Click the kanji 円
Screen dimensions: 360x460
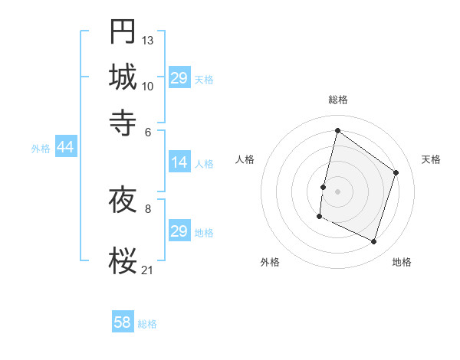pyautogui.click(x=123, y=31)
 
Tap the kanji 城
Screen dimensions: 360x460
pyautogui.click(x=123, y=77)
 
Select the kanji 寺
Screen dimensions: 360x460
pyautogui.click(x=123, y=122)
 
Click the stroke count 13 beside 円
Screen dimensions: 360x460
pyautogui.click(x=148, y=40)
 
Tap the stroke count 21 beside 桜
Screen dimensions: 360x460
pyautogui.click(x=148, y=270)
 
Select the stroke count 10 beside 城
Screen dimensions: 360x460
pyautogui.click(x=148, y=85)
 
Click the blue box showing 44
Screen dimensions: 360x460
pyautogui.click(x=65, y=148)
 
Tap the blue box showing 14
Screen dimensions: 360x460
pyautogui.click(x=179, y=162)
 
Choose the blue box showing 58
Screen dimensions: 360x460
pyautogui.click(x=123, y=322)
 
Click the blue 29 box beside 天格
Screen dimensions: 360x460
pyautogui.click(x=179, y=78)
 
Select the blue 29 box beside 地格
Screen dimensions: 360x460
pyautogui.click(x=179, y=231)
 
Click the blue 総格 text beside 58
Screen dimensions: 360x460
pyautogui.click(x=147, y=324)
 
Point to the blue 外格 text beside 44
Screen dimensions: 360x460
pyautogui.click(x=41, y=149)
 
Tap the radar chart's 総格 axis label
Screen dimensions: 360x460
pyautogui.click(x=337, y=100)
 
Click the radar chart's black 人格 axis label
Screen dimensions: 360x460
pyautogui.click(x=245, y=159)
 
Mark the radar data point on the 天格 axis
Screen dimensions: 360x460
pyautogui.click(x=396, y=173)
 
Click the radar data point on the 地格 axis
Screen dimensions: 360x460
pyautogui.click(x=373, y=242)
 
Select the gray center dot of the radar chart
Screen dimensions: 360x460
pyautogui.click(x=337, y=191)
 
